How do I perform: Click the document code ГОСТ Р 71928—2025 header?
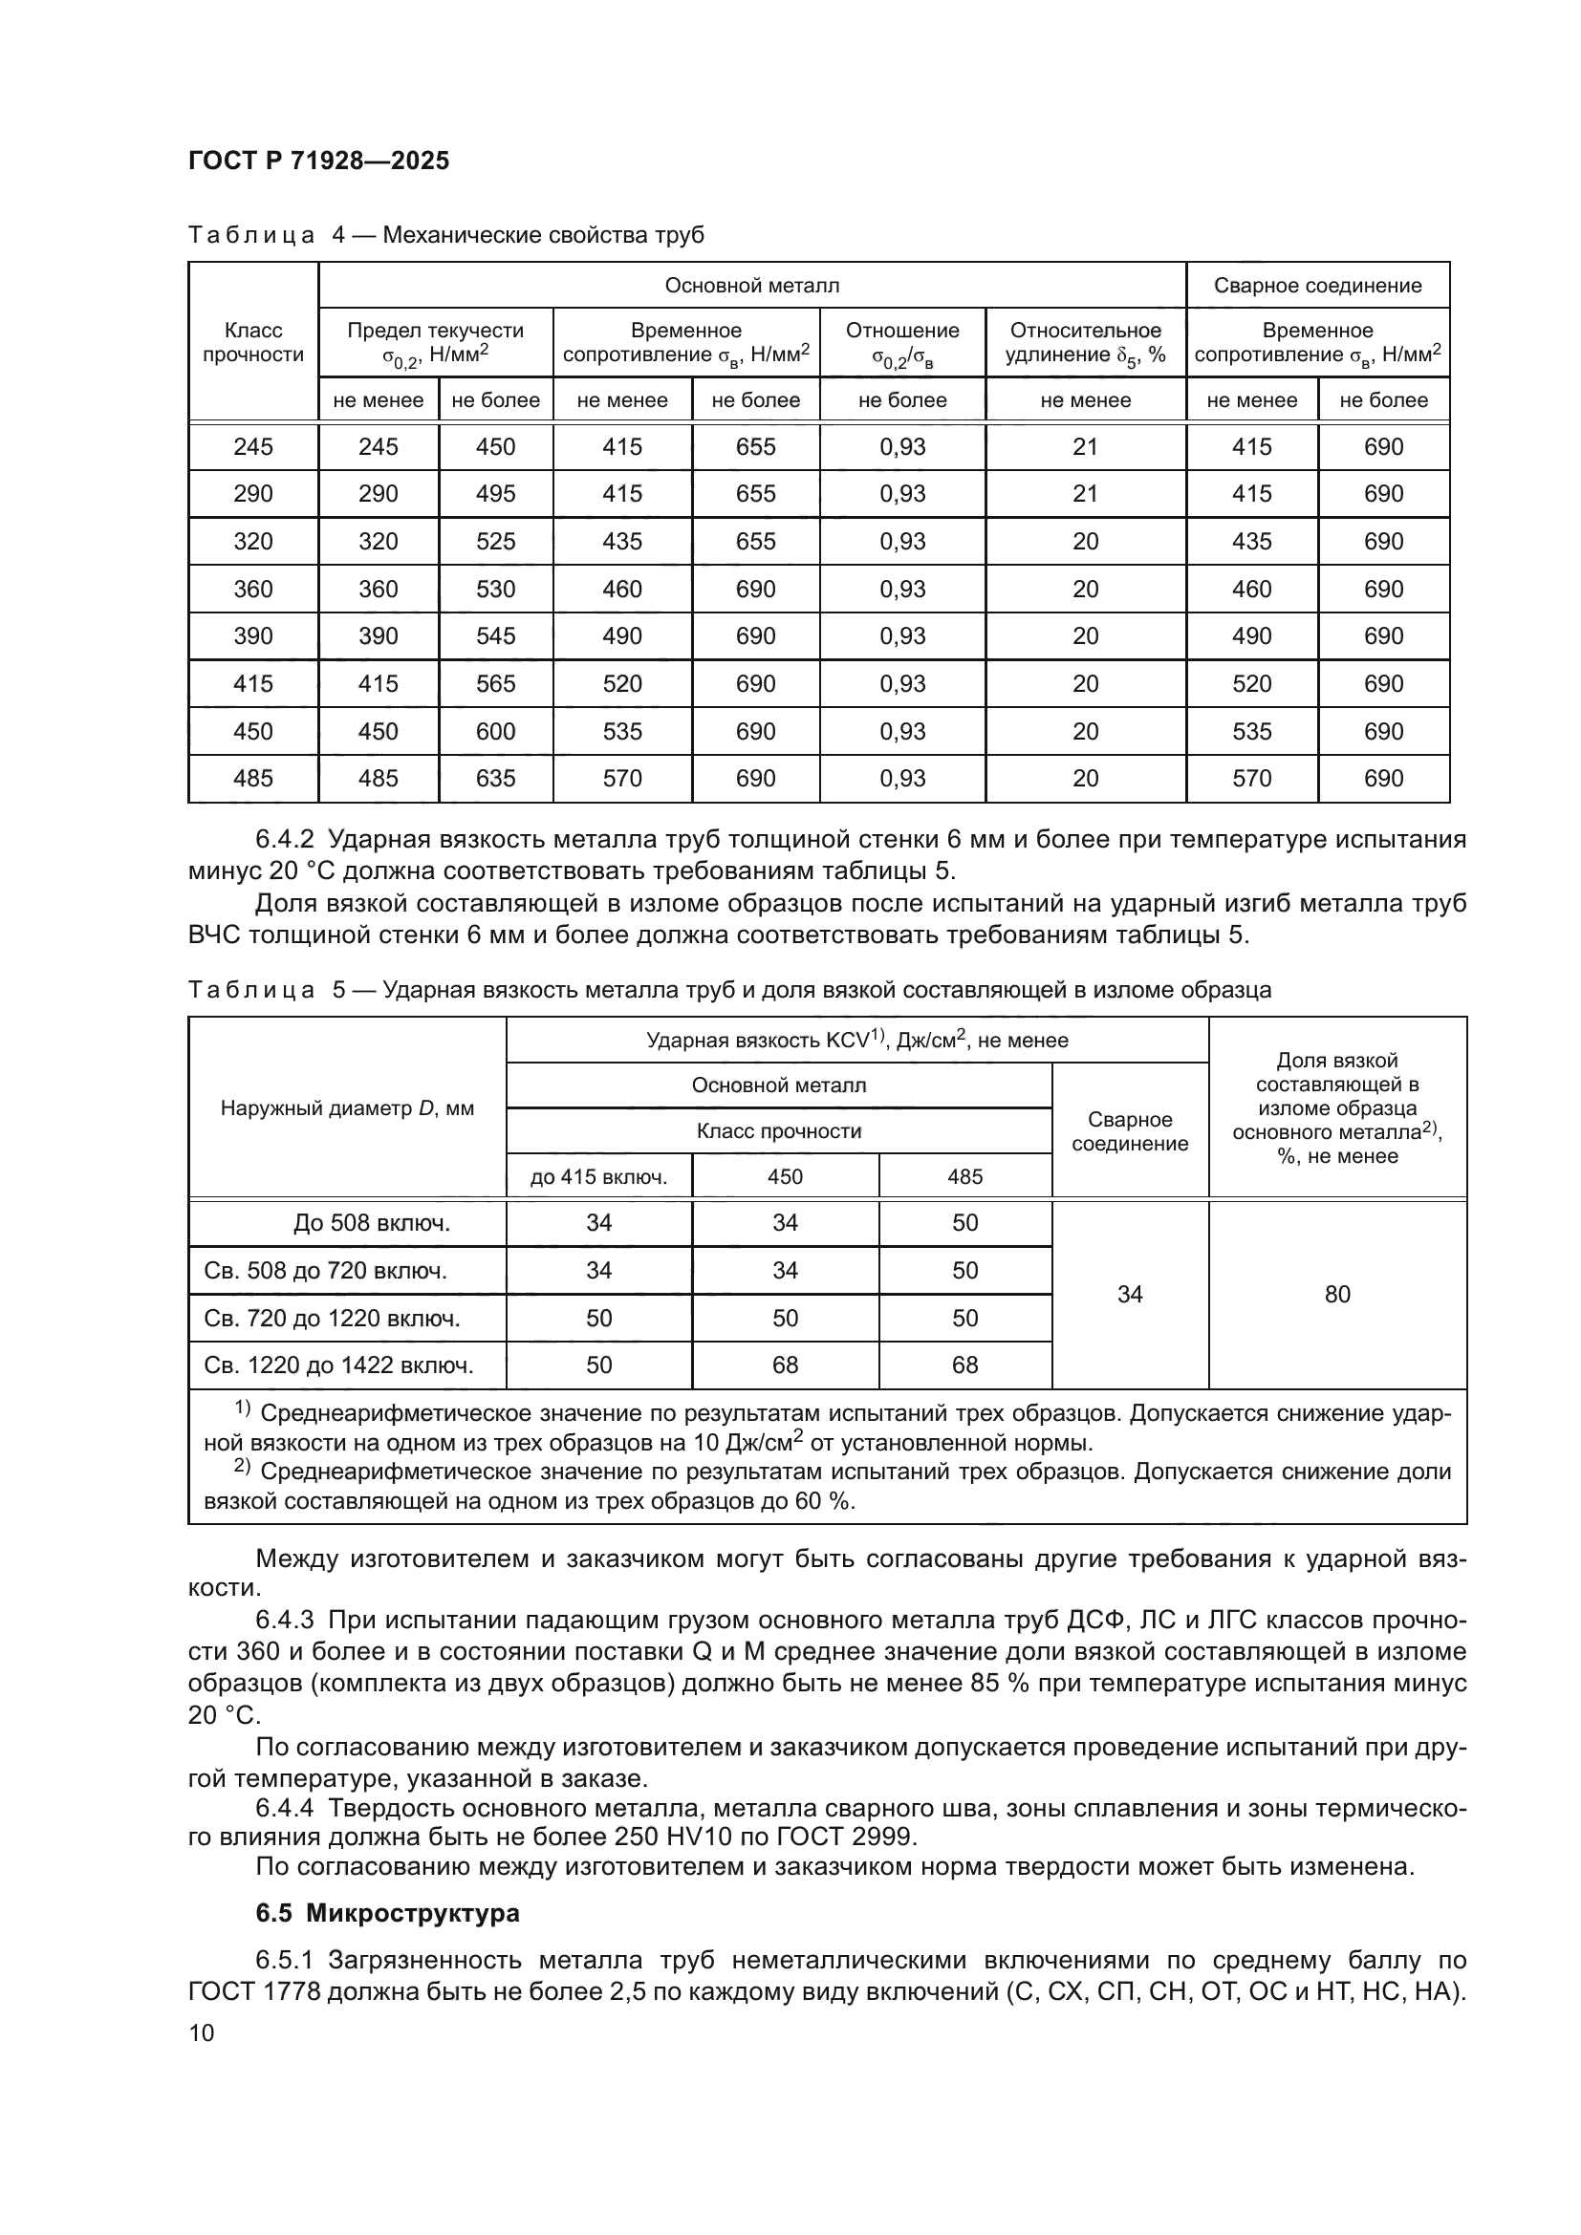(x=318, y=161)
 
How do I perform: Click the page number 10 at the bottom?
(x=202, y=2032)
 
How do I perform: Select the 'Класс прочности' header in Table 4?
(x=253, y=343)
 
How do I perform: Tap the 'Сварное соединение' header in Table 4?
(x=1317, y=285)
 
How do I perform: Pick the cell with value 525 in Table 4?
(x=495, y=541)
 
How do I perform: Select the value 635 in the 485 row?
(x=495, y=779)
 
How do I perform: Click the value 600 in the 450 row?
(x=495, y=731)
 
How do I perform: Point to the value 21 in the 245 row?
(x=1085, y=447)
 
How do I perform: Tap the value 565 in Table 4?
(x=495, y=684)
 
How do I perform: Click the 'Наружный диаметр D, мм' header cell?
(x=347, y=1107)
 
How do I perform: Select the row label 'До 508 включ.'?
(x=372, y=1224)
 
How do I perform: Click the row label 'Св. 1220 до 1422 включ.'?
(x=338, y=1365)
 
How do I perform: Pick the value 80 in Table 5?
(x=1336, y=1294)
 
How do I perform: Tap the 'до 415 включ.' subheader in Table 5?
(x=598, y=1177)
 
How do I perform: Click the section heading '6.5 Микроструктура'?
(x=387, y=1914)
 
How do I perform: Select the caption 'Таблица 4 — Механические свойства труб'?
(x=445, y=236)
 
